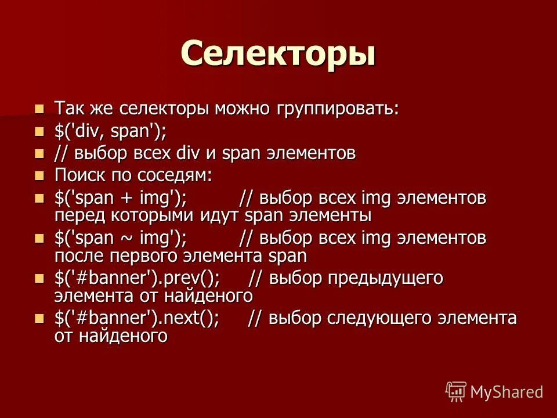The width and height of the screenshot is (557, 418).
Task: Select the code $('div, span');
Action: (110, 131)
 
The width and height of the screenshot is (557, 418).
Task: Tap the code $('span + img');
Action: (120, 199)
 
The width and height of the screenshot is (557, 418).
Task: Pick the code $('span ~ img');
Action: (120, 238)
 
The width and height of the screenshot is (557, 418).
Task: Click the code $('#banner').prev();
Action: (137, 279)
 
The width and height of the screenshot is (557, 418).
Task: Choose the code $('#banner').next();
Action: (137, 319)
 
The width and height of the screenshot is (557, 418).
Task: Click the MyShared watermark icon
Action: (455, 392)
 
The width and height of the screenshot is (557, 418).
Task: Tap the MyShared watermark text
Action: (507, 392)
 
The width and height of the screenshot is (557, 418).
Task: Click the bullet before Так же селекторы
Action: (39, 109)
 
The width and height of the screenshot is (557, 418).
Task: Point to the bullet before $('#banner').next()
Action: (39, 319)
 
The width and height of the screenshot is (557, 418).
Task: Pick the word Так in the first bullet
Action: (68, 109)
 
